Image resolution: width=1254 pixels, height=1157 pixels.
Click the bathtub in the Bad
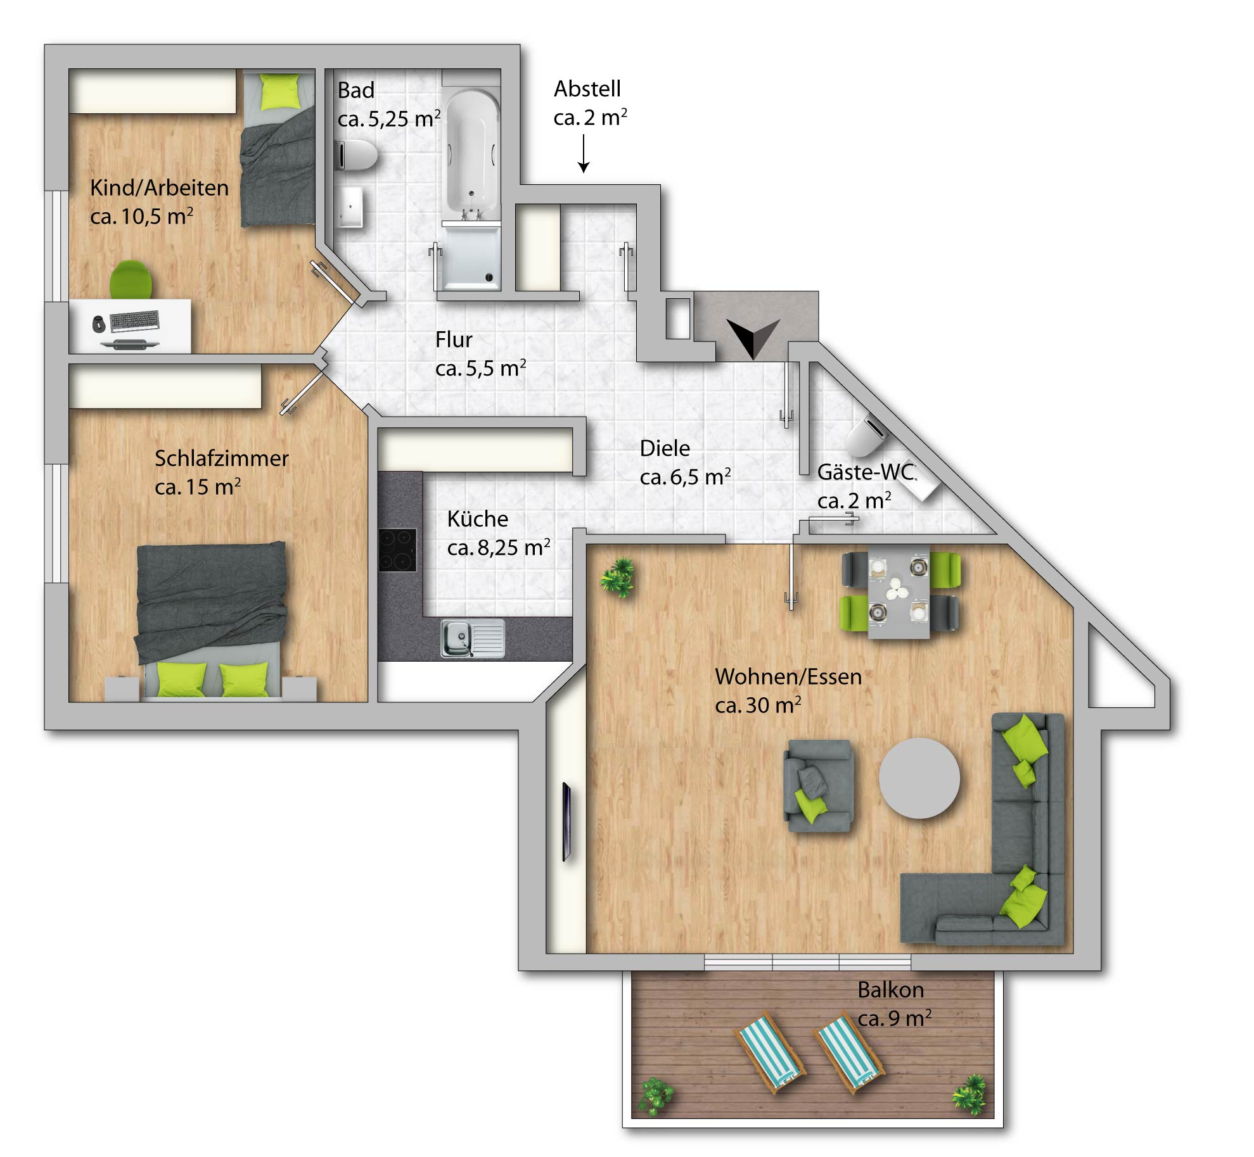(x=471, y=155)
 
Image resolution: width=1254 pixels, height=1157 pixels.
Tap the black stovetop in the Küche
(x=397, y=550)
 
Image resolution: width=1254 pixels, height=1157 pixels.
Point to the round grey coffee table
(x=919, y=778)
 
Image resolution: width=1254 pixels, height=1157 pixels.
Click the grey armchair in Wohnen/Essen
(x=818, y=786)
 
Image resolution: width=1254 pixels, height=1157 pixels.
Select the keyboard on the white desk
(x=134, y=321)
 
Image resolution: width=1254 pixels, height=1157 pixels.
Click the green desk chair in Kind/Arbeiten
(x=131, y=279)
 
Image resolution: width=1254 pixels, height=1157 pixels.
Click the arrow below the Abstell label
(x=584, y=153)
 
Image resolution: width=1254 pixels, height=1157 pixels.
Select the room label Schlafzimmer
(x=222, y=458)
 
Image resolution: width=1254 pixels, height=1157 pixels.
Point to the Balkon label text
(x=890, y=990)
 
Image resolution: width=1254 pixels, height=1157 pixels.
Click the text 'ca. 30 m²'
(x=758, y=705)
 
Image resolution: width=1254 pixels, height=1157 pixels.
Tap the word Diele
(x=665, y=448)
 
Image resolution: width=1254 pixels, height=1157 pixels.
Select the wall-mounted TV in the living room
(x=566, y=822)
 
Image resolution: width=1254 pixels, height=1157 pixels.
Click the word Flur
(x=454, y=339)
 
